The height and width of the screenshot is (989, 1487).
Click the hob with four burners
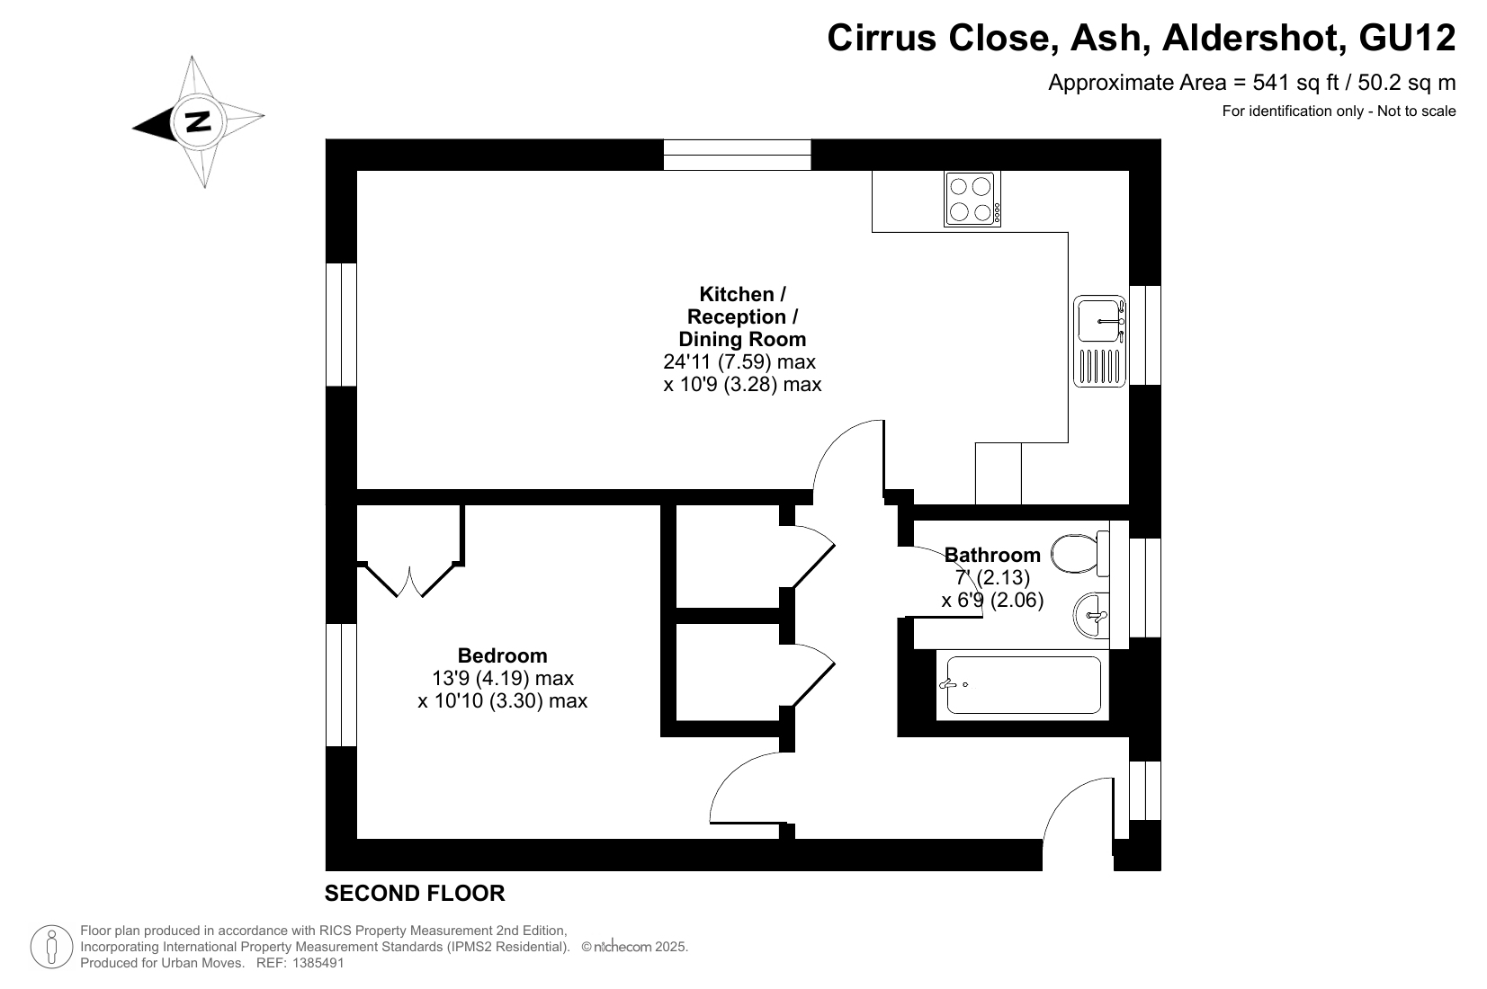pos(972,199)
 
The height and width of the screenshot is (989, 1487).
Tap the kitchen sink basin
pos(1099,320)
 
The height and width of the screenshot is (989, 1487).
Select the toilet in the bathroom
pos(1080,553)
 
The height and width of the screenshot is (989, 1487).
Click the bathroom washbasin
pos(1091,615)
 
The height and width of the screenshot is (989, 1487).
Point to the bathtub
pos(1023,685)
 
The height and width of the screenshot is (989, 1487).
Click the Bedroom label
pos(503,655)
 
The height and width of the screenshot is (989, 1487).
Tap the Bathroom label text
pos(992,555)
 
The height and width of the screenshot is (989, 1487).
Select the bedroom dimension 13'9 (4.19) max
pos(503,678)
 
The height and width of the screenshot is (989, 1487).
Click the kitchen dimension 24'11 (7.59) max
pos(739,361)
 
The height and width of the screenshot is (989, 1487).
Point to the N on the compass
pos(198,121)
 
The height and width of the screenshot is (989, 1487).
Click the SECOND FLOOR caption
pos(415,894)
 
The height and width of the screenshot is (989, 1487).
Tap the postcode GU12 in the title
pos(1408,38)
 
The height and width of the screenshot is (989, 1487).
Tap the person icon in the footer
pos(51,947)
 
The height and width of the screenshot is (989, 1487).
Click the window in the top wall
pos(737,155)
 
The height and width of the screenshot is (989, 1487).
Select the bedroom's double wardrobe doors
pos(409,580)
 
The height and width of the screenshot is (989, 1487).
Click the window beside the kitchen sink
pos(1145,335)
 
